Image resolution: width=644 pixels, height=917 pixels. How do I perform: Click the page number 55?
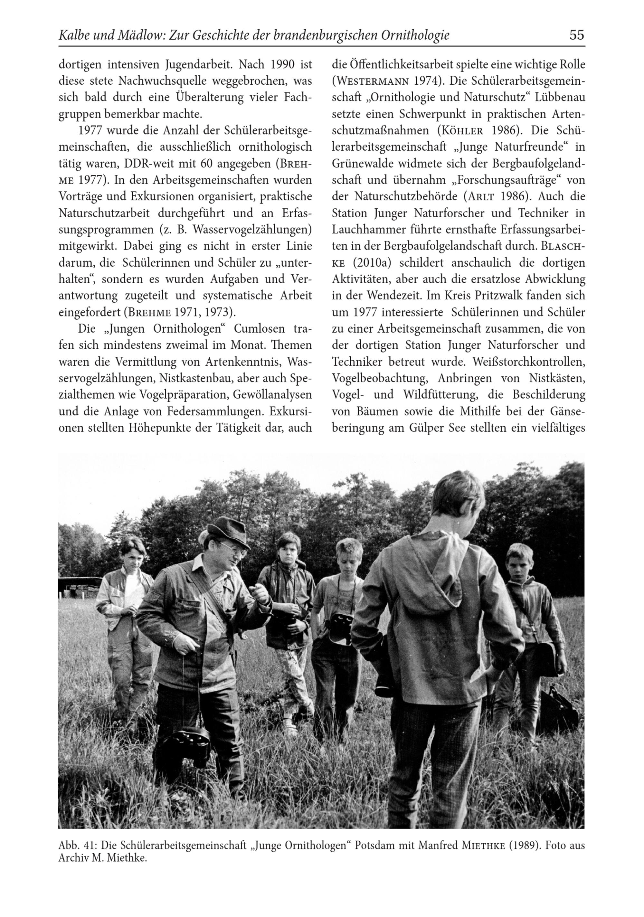576,35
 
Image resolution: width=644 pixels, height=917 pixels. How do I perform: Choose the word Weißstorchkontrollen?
528,362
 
